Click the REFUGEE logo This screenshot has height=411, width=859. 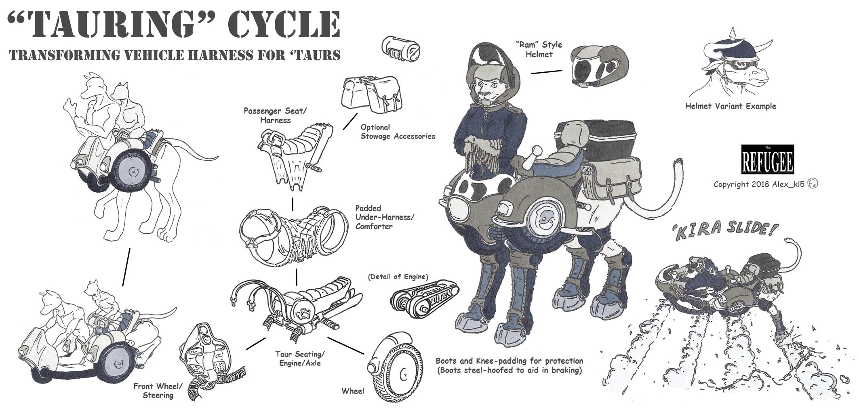click(768, 159)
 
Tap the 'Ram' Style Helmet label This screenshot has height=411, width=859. click(539, 49)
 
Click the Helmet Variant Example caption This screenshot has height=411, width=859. click(731, 106)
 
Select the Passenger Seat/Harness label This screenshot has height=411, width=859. click(273, 115)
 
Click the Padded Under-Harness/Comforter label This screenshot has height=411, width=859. click(384, 217)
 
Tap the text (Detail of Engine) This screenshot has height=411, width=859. click(398, 277)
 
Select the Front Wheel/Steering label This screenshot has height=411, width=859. click(158, 390)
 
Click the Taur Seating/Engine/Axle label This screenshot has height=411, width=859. click(300, 359)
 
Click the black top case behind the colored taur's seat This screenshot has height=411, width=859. click(595, 140)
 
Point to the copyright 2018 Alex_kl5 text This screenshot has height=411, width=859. click(765, 184)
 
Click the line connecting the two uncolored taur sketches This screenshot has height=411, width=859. click(126, 267)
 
